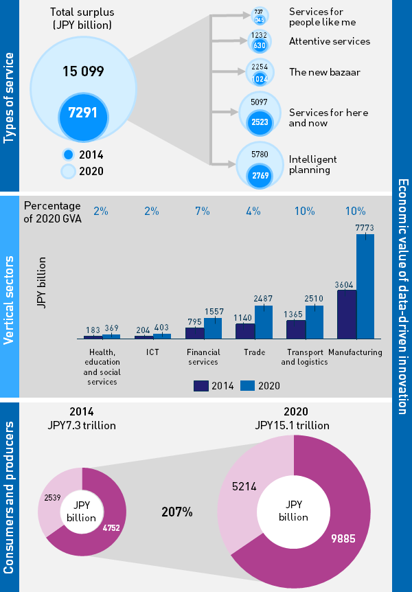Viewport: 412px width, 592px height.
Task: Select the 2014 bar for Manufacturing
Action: [x=347, y=315]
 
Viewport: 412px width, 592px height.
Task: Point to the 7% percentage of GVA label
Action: [x=203, y=211]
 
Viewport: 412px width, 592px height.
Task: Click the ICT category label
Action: [x=152, y=352]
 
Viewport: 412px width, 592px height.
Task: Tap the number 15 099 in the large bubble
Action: [x=82, y=71]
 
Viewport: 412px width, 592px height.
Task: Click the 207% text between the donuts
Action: [x=177, y=512]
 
